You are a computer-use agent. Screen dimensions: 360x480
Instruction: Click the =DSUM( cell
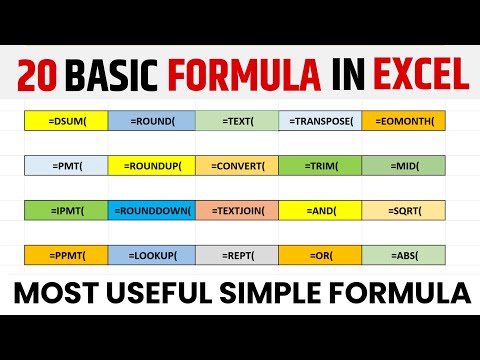(x=66, y=121)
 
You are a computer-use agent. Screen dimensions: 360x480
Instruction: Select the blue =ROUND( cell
(x=152, y=121)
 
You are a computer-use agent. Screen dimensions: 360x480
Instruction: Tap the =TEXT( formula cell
(x=237, y=121)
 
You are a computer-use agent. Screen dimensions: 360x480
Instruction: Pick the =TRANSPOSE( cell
(x=320, y=121)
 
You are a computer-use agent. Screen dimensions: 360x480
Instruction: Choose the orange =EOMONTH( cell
(x=403, y=121)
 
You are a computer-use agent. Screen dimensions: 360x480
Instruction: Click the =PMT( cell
(x=66, y=166)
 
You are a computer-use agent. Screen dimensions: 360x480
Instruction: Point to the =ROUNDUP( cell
(x=152, y=166)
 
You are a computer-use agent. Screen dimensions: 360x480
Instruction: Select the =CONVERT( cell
(x=237, y=166)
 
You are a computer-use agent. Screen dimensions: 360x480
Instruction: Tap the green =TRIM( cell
(x=320, y=166)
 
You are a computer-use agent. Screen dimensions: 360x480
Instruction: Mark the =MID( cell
(x=403, y=166)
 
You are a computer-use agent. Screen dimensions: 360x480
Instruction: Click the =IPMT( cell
(x=66, y=211)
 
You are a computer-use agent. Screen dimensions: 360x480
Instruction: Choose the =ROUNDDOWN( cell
(x=152, y=211)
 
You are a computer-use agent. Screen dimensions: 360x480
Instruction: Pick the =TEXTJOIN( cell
(x=237, y=211)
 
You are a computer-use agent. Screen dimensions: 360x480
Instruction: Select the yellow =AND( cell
(x=320, y=211)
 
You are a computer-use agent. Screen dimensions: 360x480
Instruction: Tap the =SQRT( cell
(x=403, y=211)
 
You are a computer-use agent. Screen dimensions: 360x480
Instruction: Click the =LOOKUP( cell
(x=152, y=256)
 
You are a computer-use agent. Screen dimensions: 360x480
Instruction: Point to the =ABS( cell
(x=403, y=256)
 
